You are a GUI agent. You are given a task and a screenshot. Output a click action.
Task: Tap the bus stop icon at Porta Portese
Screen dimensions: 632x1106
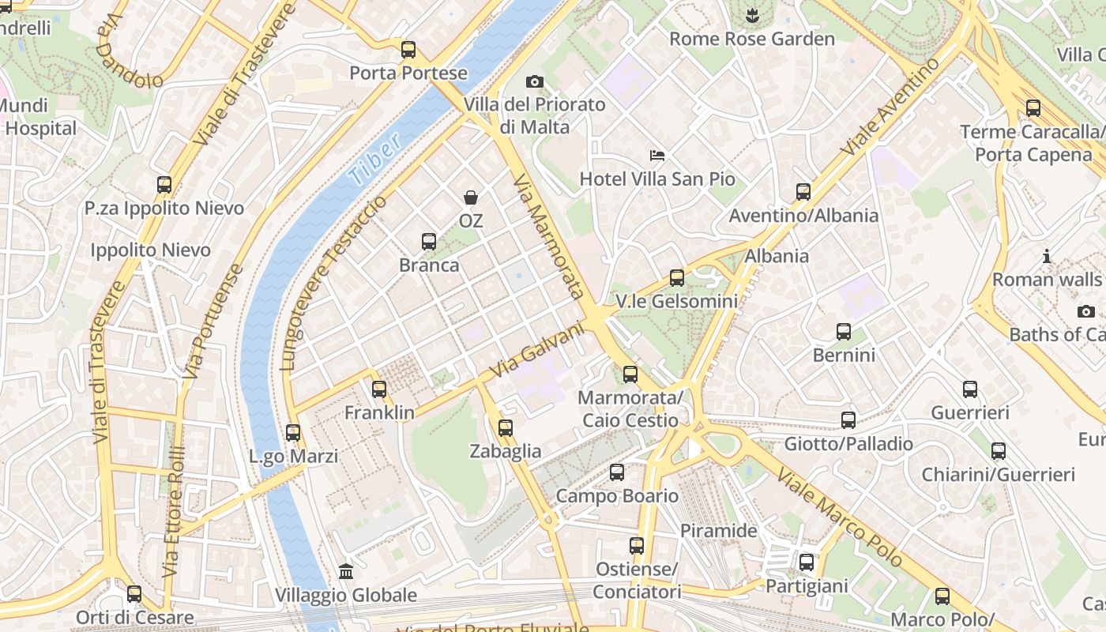(408, 50)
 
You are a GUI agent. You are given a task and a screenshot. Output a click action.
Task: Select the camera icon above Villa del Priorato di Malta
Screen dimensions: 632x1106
(535, 81)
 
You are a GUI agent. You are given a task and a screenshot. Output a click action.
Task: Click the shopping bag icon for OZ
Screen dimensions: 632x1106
(471, 197)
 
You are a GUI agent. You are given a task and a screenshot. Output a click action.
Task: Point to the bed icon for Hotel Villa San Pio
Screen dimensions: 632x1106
(657, 155)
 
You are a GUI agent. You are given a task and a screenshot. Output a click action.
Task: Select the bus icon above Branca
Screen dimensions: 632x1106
(429, 241)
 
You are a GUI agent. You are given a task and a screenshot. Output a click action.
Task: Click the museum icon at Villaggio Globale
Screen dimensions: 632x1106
(346, 570)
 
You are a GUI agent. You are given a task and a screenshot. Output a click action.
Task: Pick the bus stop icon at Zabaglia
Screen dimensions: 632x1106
(506, 428)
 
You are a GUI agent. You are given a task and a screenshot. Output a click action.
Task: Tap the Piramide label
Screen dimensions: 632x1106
(719, 531)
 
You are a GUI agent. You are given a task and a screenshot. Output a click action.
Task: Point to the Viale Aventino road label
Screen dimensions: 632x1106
(890, 107)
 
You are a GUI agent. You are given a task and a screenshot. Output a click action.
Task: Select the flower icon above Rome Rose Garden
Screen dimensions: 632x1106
(752, 14)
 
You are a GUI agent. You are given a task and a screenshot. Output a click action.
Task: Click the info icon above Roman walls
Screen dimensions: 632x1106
(1047, 256)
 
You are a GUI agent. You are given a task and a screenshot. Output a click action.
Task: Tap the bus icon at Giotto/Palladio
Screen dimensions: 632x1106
(848, 420)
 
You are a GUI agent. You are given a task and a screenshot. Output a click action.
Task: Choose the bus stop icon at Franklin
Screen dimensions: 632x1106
(379, 389)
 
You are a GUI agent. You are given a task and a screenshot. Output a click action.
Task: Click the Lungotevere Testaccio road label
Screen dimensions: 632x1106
(334, 283)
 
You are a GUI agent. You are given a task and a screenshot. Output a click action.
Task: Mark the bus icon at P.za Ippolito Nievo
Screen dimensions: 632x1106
(164, 185)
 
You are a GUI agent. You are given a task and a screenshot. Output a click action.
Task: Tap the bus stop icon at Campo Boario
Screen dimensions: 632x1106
(617, 472)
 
